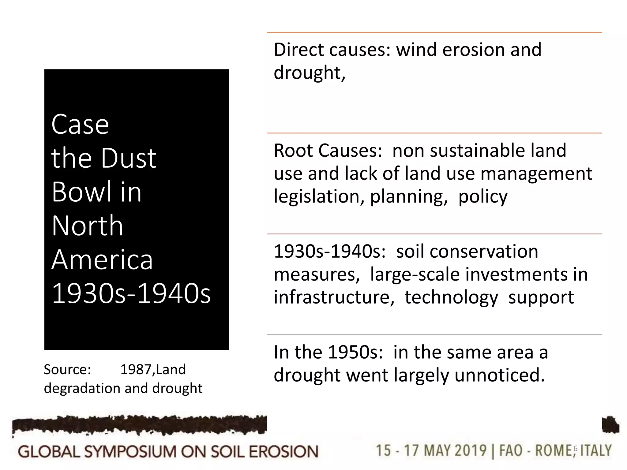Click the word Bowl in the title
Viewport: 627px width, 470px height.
pyautogui.click(x=81, y=192)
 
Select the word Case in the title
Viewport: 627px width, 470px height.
pyautogui.click(x=80, y=125)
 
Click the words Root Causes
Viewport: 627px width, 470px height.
pyautogui.click(x=328, y=151)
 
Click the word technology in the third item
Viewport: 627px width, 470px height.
pyautogui.click(x=451, y=297)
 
